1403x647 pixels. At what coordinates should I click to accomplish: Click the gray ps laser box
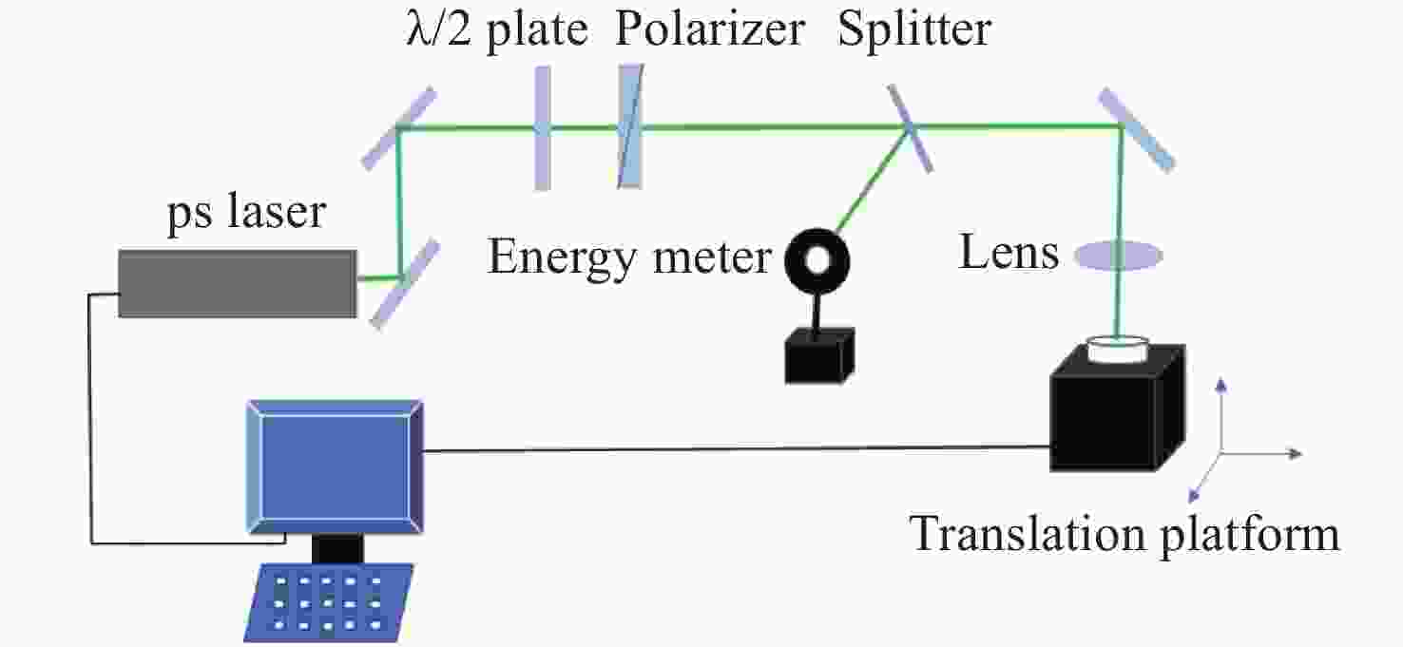click(238, 284)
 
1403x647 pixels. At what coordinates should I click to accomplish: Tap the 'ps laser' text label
click(247, 212)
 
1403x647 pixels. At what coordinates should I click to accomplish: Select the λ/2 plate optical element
click(543, 127)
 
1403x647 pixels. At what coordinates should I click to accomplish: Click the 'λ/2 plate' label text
click(497, 29)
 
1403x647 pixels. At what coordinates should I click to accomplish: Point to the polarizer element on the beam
click(631, 126)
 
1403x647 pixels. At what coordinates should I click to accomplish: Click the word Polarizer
click(710, 29)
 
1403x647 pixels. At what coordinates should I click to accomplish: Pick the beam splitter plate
click(910, 127)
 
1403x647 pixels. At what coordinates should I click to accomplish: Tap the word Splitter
click(914, 29)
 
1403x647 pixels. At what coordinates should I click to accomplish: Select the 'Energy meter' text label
click(629, 258)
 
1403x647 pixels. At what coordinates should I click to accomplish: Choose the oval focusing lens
click(1119, 256)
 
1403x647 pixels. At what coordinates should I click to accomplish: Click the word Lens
click(1009, 252)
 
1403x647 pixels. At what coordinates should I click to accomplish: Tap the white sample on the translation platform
click(1118, 350)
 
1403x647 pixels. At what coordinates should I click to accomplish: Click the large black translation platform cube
click(1118, 408)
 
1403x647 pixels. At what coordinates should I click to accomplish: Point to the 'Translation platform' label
click(1124, 534)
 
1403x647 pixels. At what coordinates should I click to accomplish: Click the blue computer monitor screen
click(336, 466)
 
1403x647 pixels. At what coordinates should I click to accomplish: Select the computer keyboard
click(329, 602)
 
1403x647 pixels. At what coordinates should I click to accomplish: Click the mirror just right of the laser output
click(405, 284)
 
